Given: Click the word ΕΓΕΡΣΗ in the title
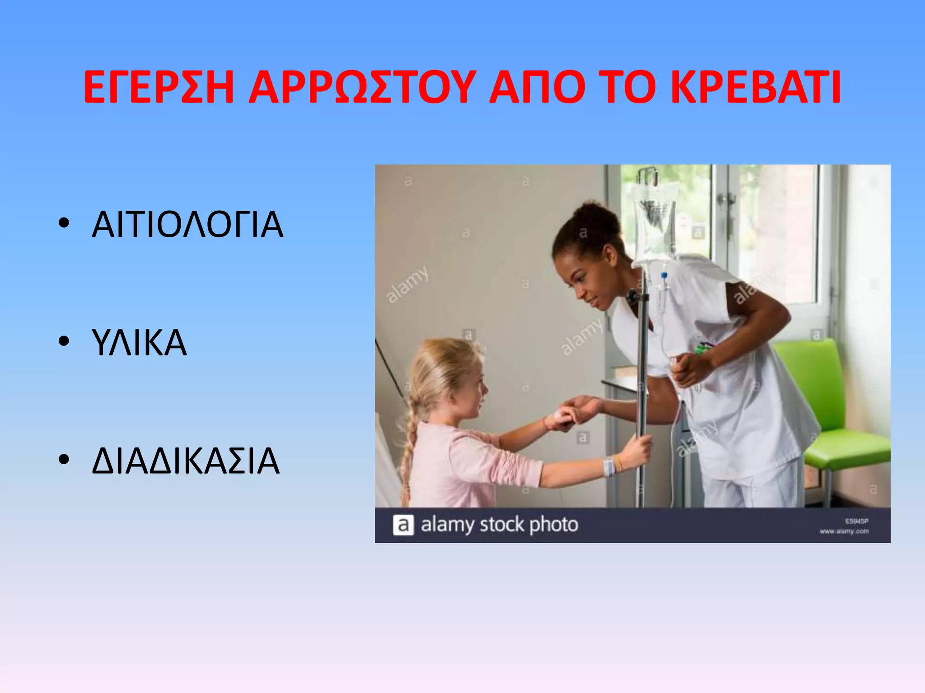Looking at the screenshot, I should (x=159, y=88).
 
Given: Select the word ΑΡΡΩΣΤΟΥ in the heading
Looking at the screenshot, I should (x=362, y=88).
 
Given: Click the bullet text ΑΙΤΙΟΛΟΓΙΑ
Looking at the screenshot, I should (x=187, y=224).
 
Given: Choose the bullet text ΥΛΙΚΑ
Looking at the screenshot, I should (x=139, y=342).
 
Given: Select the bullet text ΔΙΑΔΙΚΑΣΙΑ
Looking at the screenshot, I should (x=186, y=461).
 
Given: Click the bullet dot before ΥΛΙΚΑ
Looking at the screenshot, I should (x=64, y=341).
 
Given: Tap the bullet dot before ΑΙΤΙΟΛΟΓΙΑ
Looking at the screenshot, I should (x=64, y=223).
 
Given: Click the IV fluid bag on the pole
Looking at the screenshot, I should (x=655, y=221).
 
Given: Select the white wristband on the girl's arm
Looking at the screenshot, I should (x=608, y=467).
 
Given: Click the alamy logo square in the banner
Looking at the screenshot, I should (x=403, y=525).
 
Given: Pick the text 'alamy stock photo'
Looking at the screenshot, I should (x=499, y=525).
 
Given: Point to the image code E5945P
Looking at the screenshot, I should (x=857, y=521).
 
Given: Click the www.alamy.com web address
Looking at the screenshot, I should (x=844, y=531).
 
